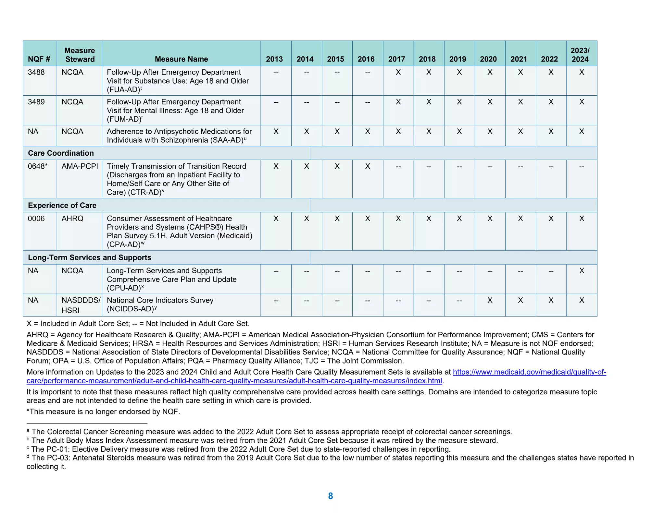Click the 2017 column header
(x=396, y=59)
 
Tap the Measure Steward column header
(x=80, y=55)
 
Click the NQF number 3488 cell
(x=36, y=72)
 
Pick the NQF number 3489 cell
(x=36, y=102)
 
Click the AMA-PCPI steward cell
(x=80, y=166)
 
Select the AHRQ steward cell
(x=72, y=219)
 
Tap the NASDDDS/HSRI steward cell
(x=81, y=305)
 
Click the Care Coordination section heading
(x=61, y=153)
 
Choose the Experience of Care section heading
(x=62, y=205)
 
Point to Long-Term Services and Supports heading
(x=89, y=257)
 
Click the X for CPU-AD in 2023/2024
(x=582, y=271)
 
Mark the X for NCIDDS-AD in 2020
(x=490, y=300)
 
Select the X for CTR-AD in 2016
(x=368, y=166)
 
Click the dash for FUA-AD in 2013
(x=276, y=73)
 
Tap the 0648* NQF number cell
(x=38, y=166)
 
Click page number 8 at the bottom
(x=330, y=496)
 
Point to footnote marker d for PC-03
(x=28, y=457)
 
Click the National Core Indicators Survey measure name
(x=160, y=300)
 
